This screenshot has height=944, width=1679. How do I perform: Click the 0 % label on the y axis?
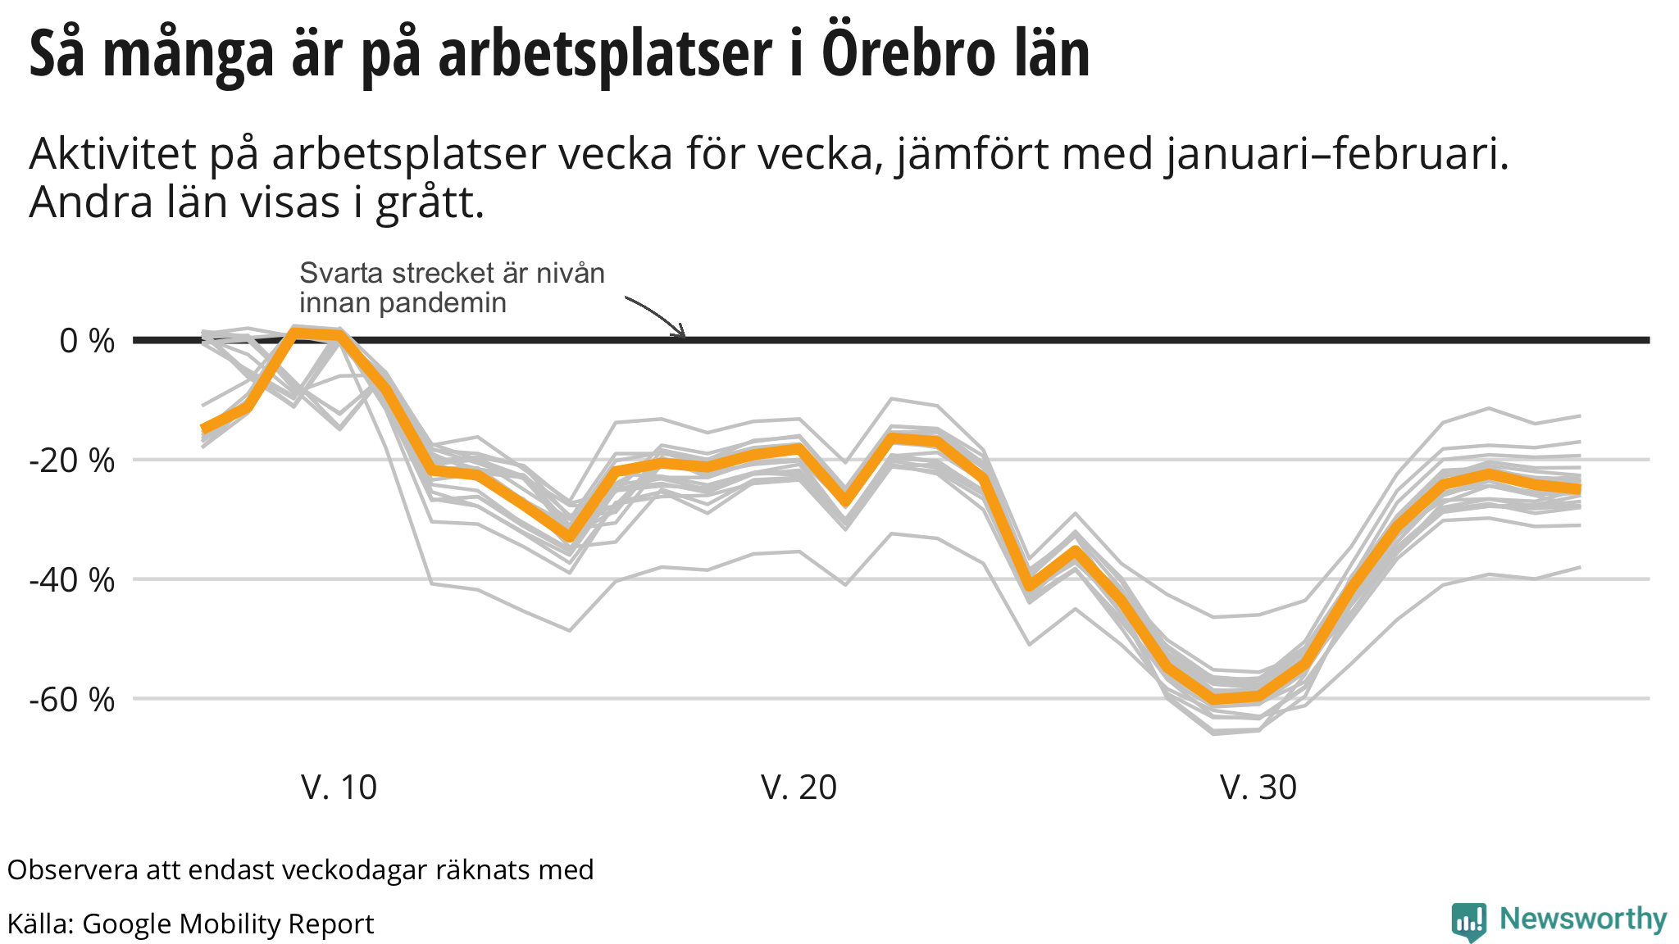[x=87, y=341]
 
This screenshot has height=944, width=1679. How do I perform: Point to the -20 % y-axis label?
[x=72, y=461]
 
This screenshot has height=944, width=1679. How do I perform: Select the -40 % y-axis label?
[x=72, y=580]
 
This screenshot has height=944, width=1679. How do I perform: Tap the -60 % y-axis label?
[x=72, y=700]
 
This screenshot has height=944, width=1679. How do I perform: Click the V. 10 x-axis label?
[x=339, y=787]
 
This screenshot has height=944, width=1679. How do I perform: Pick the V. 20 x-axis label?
[x=799, y=787]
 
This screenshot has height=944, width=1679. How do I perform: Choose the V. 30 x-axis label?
[x=1258, y=787]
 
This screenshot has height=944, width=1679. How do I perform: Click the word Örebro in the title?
[x=902, y=53]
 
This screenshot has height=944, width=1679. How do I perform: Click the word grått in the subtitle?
[x=430, y=203]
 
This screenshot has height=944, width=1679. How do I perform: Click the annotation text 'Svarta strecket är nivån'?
[x=452, y=273]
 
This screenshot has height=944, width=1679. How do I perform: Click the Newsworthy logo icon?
[x=1468, y=921]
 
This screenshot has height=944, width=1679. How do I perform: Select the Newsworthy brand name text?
[x=1583, y=919]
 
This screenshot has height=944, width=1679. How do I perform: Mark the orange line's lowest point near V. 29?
[x=1213, y=699]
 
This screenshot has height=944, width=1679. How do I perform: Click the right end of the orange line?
[x=1579, y=489]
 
